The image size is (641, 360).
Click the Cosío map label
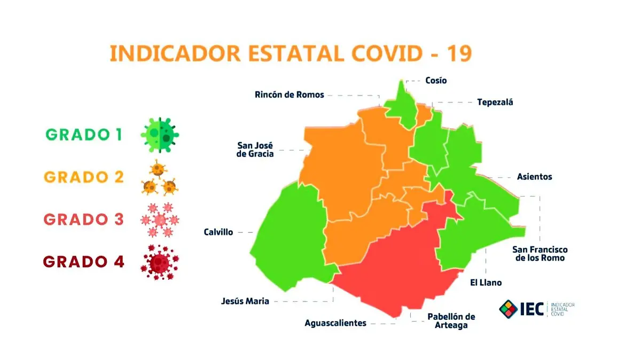click(x=436, y=81)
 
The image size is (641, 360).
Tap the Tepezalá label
click(x=495, y=102)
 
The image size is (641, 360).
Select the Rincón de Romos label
click(x=289, y=95)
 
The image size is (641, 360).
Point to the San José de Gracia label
click(x=255, y=150)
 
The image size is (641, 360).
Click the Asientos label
click(x=534, y=177)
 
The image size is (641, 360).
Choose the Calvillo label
click(x=218, y=232)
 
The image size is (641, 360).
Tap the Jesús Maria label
click(x=245, y=301)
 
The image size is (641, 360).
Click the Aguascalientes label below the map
click(x=335, y=323)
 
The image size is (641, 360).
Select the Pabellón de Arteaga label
click(x=451, y=320)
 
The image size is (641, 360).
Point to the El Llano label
click(x=486, y=283)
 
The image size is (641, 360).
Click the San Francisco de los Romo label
click(x=540, y=254)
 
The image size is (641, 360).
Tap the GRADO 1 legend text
click(x=84, y=135)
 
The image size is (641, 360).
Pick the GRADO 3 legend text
click(x=84, y=220)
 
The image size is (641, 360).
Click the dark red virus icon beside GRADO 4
click(x=160, y=262)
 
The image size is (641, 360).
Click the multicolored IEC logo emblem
click(x=509, y=308)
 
